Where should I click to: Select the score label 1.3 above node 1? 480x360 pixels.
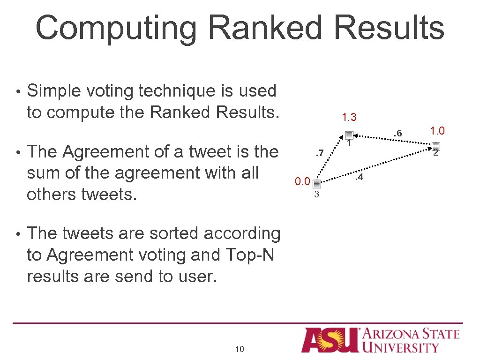point(349,117)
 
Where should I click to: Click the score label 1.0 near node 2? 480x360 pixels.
point(434,131)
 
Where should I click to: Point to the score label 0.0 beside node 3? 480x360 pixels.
point(302,181)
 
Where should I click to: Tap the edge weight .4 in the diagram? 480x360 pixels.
point(359,177)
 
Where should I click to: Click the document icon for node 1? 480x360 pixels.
point(348,135)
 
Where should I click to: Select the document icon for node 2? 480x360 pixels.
point(435,147)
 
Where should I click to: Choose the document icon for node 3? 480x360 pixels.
point(316,184)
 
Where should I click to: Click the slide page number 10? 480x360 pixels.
point(240,349)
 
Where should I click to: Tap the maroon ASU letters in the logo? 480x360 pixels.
point(330,339)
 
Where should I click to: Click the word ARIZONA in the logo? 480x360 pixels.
point(396,334)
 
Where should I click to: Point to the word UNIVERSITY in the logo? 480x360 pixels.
point(401,347)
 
